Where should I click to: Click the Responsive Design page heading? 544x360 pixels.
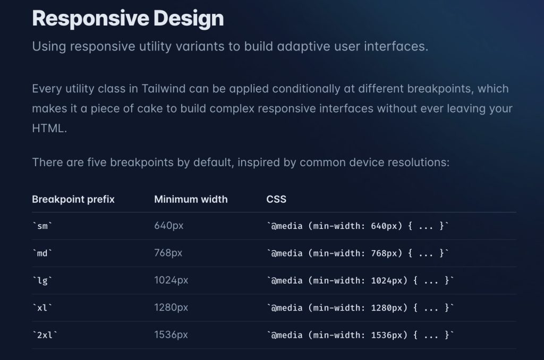coord(128,19)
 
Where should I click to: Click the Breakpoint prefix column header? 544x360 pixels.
coord(73,200)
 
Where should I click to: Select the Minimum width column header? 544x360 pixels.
coord(191,200)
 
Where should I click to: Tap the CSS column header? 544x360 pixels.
coord(276,200)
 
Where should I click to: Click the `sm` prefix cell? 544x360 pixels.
coord(42,226)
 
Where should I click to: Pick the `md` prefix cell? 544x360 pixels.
coord(42,253)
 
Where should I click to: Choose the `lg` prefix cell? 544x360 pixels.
coord(42,280)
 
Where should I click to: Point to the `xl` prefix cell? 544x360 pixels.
coord(42,308)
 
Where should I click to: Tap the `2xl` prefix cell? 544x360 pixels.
coord(45,335)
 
